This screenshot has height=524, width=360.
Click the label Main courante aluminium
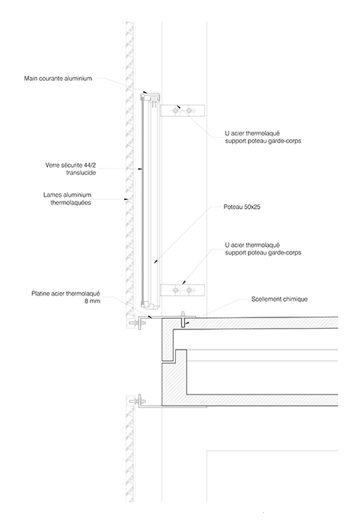click(58, 79)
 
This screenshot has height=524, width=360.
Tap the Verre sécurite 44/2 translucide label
click(70, 168)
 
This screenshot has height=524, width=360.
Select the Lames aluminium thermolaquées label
click(67, 198)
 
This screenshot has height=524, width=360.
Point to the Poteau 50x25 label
click(242, 207)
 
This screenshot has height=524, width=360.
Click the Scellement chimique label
click(279, 299)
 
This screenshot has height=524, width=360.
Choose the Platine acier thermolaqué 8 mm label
click(66, 297)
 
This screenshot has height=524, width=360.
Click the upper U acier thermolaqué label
click(263, 137)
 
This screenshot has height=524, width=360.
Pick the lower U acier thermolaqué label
click(263, 249)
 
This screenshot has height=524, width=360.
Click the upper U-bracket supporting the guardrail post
click(183, 110)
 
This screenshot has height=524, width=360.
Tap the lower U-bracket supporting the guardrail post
click(183, 290)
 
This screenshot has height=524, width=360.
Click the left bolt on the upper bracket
click(175, 110)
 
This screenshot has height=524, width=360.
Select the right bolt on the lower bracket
click(189, 290)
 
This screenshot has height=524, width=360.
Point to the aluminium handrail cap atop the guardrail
click(150, 97)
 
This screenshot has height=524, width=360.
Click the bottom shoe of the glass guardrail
click(150, 305)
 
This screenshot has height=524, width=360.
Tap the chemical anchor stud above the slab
click(183, 314)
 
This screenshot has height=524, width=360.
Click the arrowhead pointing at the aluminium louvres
click(126, 200)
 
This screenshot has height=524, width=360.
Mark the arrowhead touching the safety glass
click(141, 169)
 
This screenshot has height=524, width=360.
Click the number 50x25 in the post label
click(252, 207)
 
